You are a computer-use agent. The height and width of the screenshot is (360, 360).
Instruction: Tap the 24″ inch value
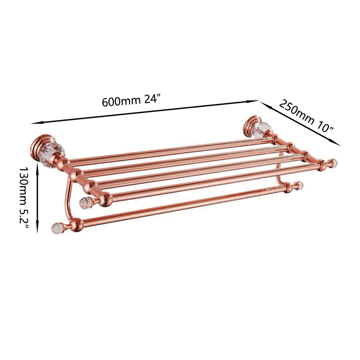click(x=151, y=99)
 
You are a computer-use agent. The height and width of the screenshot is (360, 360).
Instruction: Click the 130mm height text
click(x=23, y=183)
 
